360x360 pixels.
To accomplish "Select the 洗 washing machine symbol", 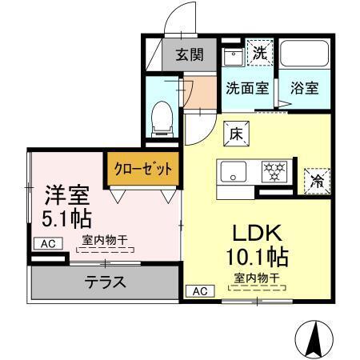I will [259, 54].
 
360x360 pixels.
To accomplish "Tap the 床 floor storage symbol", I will [237, 134].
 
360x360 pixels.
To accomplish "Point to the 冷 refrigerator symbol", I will [315, 181].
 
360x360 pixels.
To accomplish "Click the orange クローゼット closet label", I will [131, 169].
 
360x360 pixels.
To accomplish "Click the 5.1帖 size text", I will [66, 218].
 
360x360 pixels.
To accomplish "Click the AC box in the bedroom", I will [46, 242].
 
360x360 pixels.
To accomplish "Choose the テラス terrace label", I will [105, 282].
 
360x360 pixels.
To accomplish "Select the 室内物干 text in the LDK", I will [257, 278].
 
